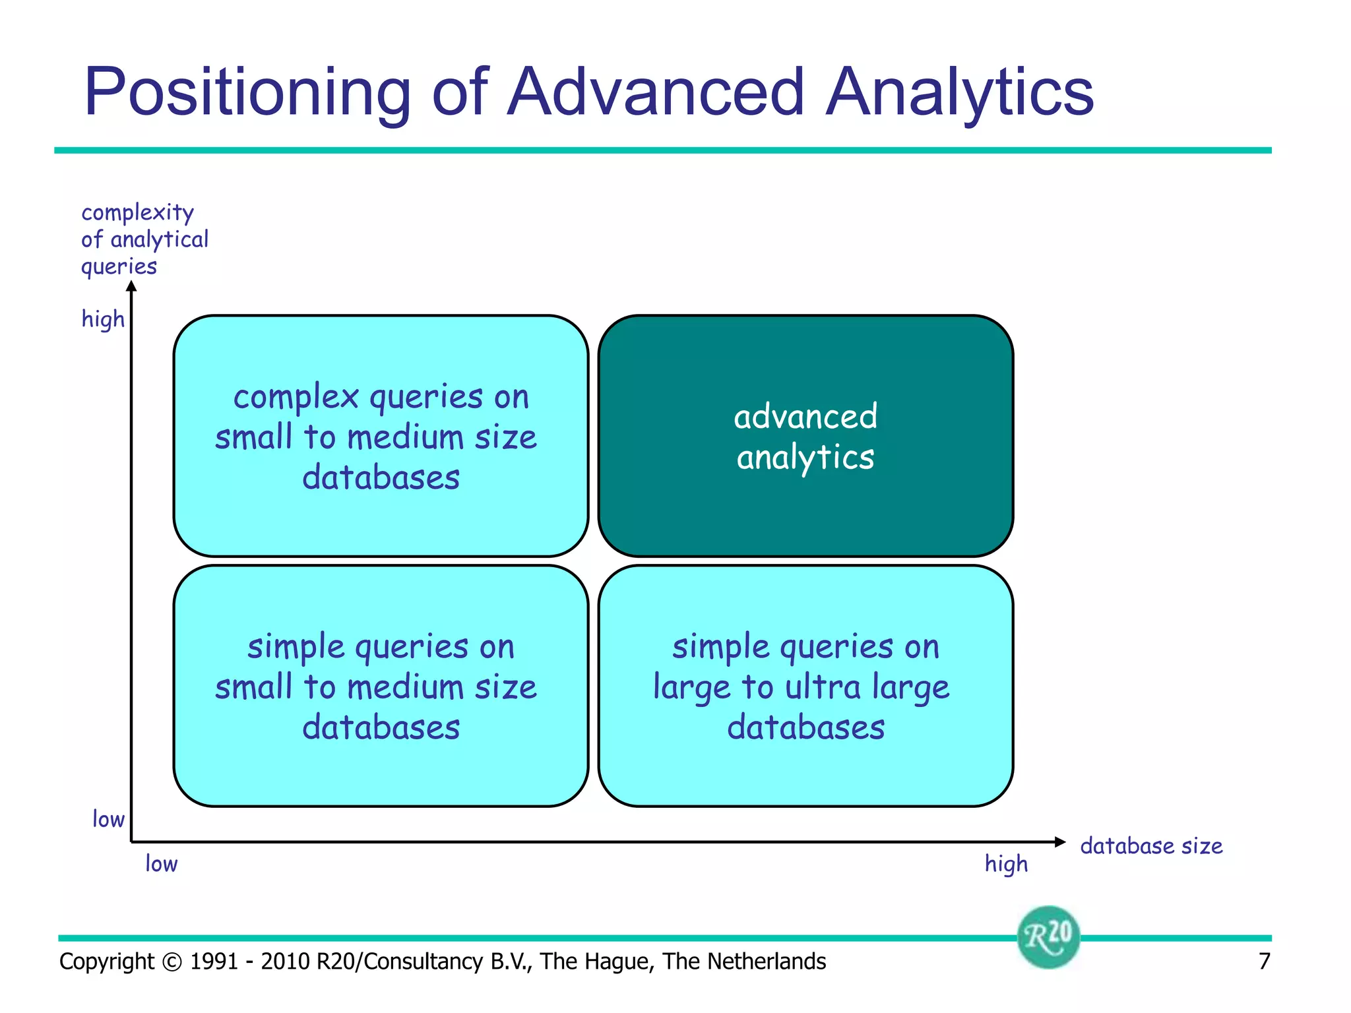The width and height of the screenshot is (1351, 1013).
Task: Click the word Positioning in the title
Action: click(247, 92)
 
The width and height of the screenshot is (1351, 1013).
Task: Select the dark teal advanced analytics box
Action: click(805, 437)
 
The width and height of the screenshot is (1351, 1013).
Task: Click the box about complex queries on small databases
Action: click(381, 437)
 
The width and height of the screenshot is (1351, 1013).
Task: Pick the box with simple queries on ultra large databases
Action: click(805, 686)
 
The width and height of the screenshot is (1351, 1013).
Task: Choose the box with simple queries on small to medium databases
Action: click(381, 686)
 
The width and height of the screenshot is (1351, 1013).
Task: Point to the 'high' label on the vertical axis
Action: click(103, 319)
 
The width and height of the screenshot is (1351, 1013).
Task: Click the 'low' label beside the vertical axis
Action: click(108, 819)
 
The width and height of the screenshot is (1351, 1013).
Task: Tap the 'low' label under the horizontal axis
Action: click(161, 863)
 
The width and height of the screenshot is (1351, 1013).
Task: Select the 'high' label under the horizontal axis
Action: click(1006, 863)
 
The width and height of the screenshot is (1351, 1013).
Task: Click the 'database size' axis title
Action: click(1151, 845)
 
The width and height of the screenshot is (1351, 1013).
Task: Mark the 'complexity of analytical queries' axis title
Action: click(144, 239)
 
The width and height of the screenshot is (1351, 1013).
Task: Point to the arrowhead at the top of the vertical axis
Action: click(132, 286)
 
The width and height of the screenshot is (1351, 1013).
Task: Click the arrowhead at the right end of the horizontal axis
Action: click(1060, 842)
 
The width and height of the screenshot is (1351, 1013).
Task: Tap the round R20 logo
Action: click(1048, 936)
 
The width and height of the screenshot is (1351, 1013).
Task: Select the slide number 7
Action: click(1264, 962)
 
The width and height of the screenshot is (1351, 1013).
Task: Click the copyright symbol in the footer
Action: click(172, 962)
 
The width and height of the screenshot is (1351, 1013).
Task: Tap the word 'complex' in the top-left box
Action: click(296, 397)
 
